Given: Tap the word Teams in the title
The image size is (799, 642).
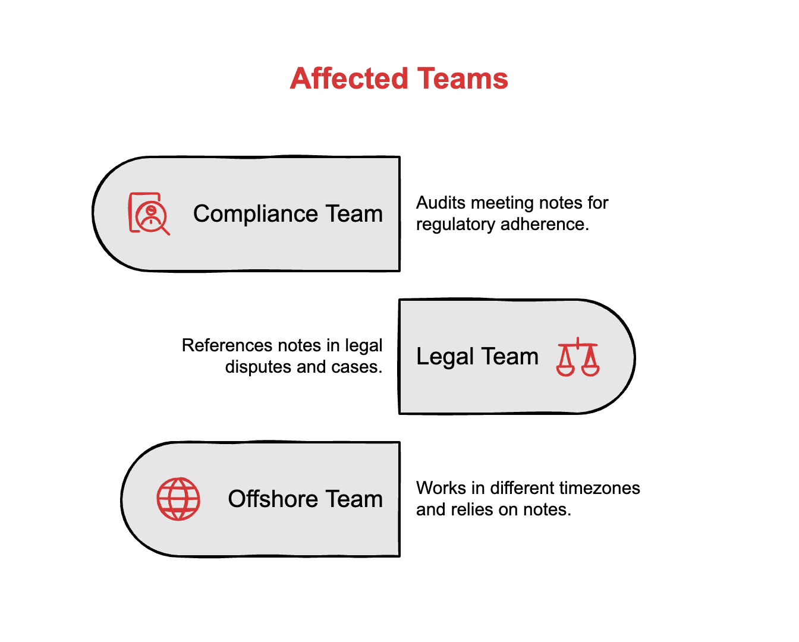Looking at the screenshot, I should tap(463, 78).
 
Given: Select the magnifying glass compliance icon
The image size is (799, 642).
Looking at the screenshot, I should tap(149, 213).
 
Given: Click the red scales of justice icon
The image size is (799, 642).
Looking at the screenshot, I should tap(577, 357).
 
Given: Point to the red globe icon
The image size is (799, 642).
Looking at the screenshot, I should tap(178, 499).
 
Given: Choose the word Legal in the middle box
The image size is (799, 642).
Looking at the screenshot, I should tap(445, 357).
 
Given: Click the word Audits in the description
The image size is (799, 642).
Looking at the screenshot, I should tap(441, 203).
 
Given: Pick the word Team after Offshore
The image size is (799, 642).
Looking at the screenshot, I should tap(354, 499).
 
